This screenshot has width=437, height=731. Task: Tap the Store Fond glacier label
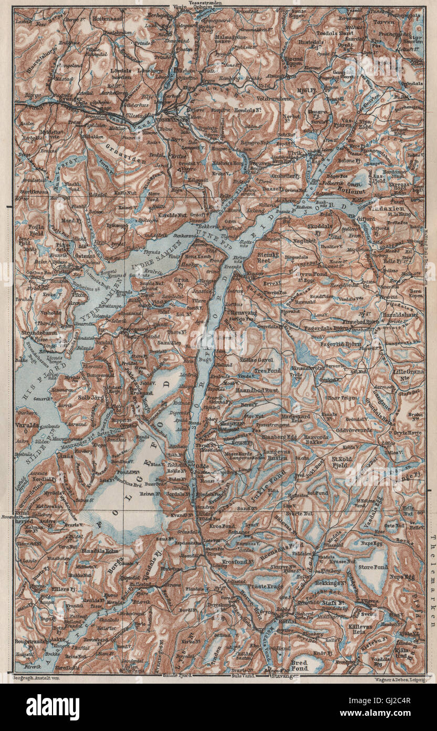[x=372, y=567]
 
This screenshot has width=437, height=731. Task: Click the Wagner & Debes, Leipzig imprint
[x=388, y=679]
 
